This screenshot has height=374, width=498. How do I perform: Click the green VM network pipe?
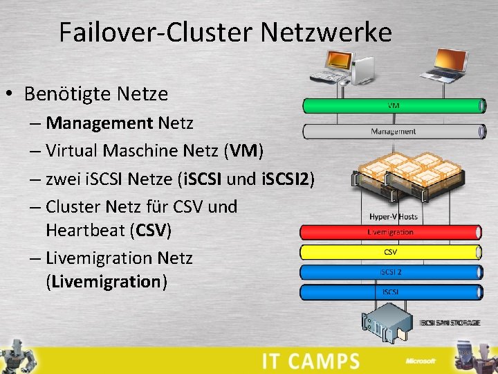coord(393,106)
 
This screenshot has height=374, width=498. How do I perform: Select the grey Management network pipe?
coord(393,131)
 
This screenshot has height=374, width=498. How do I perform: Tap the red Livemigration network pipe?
coord(391,233)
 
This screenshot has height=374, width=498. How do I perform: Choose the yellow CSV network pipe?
coord(391,252)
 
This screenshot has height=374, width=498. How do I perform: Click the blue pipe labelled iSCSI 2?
coord(391,272)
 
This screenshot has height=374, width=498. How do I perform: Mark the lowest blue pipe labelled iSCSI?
coord(391,292)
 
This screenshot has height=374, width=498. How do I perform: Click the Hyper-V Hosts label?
coord(393,217)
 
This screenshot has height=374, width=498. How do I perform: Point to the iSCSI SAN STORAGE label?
coord(450,323)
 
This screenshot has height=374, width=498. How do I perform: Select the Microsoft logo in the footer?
coord(421,361)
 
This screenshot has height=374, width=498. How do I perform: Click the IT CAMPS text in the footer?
coord(311,361)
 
